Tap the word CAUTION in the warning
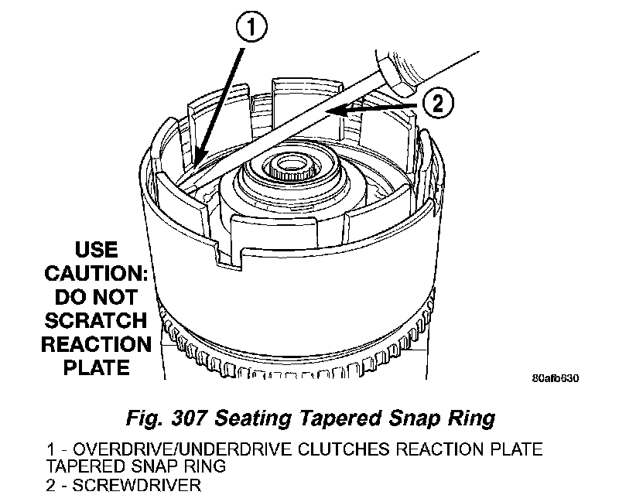tap(96, 274)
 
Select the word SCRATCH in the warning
tap(97, 320)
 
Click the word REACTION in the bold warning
tap(97, 343)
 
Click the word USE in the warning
tap(97, 251)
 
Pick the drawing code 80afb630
tap(555, 379)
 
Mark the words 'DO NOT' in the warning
tap(97, 297)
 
